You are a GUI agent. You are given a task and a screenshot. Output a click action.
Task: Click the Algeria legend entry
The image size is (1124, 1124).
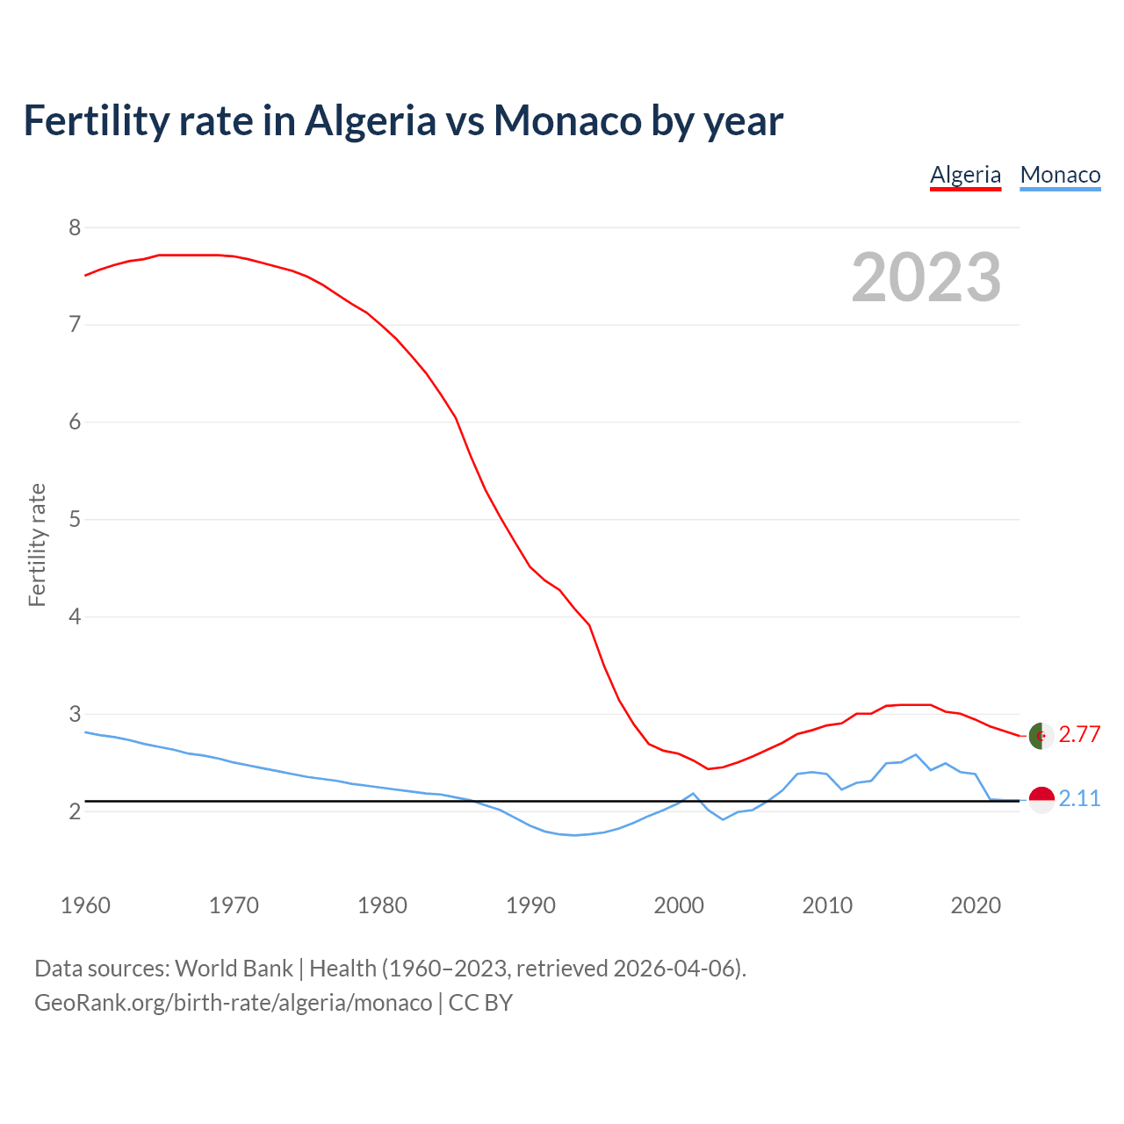point(965,175)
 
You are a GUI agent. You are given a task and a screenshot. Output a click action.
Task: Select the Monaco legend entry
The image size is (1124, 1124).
point(1060,175)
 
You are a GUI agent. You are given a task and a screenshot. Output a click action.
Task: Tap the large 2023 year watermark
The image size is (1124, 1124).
point(926,277)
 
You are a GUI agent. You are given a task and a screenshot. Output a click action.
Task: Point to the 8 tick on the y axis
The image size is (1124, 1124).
point(75,228)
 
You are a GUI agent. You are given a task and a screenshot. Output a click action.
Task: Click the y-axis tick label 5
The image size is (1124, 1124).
point(75,519)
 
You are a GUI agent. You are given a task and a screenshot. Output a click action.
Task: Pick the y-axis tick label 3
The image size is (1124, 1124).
point(75,714)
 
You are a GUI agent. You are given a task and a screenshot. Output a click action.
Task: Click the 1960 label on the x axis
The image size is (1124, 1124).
point(85,905)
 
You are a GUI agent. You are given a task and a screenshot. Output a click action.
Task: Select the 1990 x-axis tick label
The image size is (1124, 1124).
point(530,905)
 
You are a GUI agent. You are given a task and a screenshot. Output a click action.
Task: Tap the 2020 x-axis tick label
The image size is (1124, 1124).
point(976,905)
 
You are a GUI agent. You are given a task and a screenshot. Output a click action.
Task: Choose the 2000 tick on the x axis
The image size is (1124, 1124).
point(679,905)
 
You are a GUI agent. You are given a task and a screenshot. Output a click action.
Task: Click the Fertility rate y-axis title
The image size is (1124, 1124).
point(37,544)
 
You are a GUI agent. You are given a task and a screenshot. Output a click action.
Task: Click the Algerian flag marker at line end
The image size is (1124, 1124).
point(1041,735)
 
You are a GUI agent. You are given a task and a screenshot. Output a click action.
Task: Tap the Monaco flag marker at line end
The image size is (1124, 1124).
point(1041,799)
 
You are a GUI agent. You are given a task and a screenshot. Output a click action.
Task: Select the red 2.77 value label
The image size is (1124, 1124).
point(1079,735)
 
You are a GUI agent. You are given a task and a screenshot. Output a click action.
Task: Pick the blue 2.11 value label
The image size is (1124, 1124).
point(1079,799)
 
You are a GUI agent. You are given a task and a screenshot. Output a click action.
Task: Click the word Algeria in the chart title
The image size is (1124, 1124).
point(370,121)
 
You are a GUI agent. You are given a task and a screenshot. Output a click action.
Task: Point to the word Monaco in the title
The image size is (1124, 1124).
point(567,121)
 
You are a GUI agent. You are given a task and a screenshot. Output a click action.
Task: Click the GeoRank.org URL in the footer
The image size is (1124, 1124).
point(233,1003)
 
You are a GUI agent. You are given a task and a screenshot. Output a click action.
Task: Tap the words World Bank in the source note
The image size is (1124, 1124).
point(234,969)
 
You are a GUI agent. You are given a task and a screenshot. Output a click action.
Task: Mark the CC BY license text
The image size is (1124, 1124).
point(480,1003)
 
